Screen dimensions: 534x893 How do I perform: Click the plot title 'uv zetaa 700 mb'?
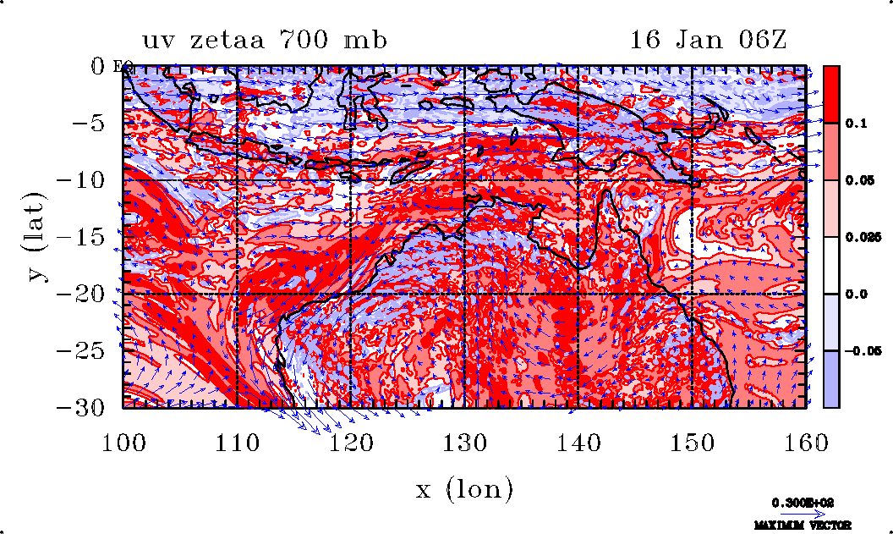[x=265, y=40]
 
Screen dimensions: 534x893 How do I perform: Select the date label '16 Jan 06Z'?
[x=708, y=40]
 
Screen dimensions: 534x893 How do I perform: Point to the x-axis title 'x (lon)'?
[x=463, y=488]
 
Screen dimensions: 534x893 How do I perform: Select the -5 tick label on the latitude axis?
[x=92, y=123]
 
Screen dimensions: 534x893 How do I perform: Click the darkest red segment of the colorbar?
[x=832, y=94]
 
